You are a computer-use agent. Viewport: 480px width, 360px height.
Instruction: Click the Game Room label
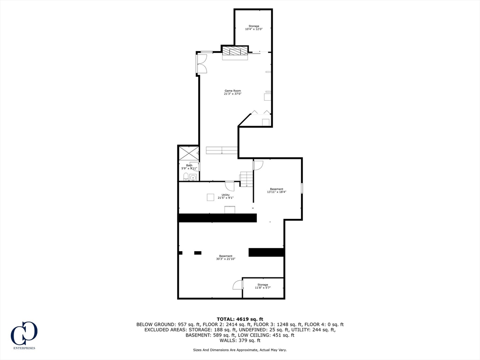232,92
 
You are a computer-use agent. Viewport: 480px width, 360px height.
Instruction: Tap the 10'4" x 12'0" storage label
254,28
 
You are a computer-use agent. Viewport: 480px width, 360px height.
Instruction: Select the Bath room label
189,166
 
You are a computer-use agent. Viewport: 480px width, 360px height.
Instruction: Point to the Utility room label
225,196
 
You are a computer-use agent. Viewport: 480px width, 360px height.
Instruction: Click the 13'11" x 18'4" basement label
276,190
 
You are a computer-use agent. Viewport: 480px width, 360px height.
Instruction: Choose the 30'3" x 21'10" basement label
225,257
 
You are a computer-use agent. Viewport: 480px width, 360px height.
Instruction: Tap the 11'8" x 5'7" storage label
262,286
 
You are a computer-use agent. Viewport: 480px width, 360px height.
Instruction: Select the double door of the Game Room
202,64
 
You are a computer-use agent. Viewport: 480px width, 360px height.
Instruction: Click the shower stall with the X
188,153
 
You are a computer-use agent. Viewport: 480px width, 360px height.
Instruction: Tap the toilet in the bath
186,177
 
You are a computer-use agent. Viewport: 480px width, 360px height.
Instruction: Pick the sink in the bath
193,177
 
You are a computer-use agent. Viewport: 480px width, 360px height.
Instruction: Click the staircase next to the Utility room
247,179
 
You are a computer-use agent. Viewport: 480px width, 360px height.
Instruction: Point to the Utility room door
230,186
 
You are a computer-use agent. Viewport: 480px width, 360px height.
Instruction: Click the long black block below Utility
217,218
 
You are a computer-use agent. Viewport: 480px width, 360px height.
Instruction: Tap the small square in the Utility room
210,197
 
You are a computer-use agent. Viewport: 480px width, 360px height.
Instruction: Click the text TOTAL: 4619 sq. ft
240,319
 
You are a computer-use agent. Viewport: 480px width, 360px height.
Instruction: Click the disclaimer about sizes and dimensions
240,350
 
